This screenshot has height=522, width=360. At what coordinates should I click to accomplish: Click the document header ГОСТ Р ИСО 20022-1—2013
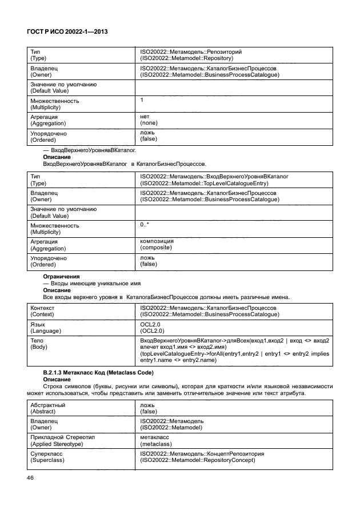[x=68, y=33]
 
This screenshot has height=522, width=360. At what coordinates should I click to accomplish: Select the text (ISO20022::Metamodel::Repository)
[x=186, y=58]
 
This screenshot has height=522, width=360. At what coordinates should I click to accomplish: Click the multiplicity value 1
[x=142, y=100]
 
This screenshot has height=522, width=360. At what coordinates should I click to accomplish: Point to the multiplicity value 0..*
[x=145, y=225]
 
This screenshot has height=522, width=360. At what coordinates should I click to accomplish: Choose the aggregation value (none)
[x=149, y=122]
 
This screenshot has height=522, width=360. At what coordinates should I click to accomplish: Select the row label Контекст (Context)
[x=46, y=310]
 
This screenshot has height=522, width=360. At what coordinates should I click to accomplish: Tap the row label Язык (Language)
[x=45, y=327]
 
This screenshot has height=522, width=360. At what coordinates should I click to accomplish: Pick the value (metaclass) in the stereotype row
[x=156, y=443]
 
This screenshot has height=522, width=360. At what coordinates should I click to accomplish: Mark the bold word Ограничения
[x=61, y=276]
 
